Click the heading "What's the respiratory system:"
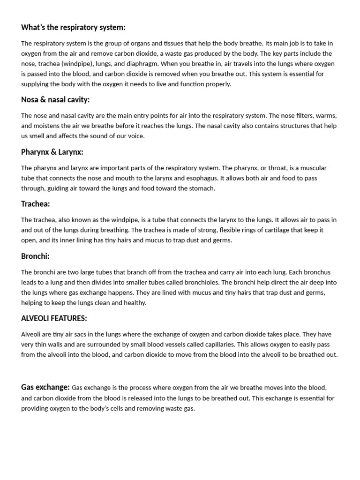click(x=73, y=28)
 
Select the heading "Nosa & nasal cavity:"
click(x=55, y=100)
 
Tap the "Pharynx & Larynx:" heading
click(x=52, y=152)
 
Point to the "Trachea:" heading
click(x=36, y=204)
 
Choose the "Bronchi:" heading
click(x=35, y=256)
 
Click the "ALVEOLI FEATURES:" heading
click(x=54, y=319)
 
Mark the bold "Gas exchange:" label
click(x=45, y=387)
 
